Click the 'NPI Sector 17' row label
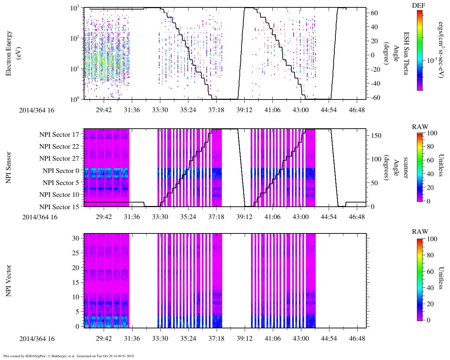[59, 134]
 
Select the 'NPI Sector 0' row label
[61, 171]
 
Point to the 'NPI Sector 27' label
[59, 159]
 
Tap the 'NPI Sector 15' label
[59, 207]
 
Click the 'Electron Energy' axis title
[9, 53]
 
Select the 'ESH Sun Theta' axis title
[406, 53]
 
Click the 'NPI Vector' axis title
[9, 281]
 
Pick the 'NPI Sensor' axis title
[9, 167]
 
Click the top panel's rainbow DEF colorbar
[420, 50]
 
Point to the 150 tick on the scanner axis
[377, 136]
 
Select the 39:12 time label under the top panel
[244, 110]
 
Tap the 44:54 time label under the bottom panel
[328, 339]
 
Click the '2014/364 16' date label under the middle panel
[40, 217]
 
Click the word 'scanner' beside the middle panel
[406, 167]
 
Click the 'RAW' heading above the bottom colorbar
[420, 232]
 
